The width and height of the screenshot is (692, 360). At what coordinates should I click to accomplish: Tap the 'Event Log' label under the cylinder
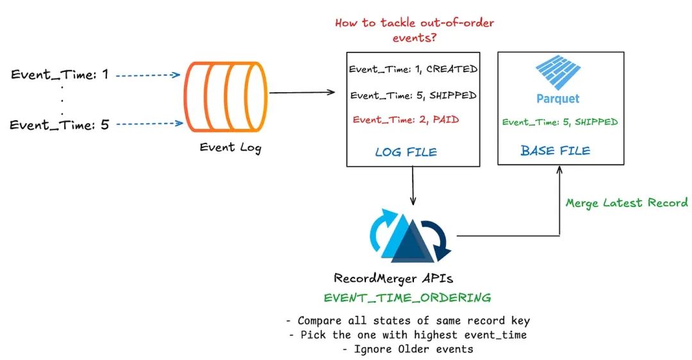click(230, 147)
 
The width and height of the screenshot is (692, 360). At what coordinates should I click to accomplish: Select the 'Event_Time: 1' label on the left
click(60, 75)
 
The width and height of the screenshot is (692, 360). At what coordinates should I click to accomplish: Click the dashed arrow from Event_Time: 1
click(149, 75)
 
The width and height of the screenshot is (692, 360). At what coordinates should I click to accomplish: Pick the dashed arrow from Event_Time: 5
click(149, 124)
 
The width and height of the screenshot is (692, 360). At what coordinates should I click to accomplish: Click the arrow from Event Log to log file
click(302, 93)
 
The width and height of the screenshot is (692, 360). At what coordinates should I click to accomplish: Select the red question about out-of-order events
click(415, 30)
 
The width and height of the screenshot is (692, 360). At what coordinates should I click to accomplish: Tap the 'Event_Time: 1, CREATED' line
click(413, 69)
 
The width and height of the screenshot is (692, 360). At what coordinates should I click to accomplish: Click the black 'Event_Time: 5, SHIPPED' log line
click(413, 95)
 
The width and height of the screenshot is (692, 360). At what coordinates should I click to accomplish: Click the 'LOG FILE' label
click(406, 152)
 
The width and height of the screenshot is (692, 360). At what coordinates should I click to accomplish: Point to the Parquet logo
click(557, 80)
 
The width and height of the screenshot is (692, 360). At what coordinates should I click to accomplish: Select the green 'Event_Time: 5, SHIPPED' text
click(559, 122)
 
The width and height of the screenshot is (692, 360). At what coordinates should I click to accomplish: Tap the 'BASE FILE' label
click(555, 151)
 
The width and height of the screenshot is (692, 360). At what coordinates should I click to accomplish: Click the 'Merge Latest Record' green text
click(627, 202)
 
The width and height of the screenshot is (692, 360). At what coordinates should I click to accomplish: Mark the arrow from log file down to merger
click(413, 186)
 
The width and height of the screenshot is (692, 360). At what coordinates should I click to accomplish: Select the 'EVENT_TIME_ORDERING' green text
click(408, 298)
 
